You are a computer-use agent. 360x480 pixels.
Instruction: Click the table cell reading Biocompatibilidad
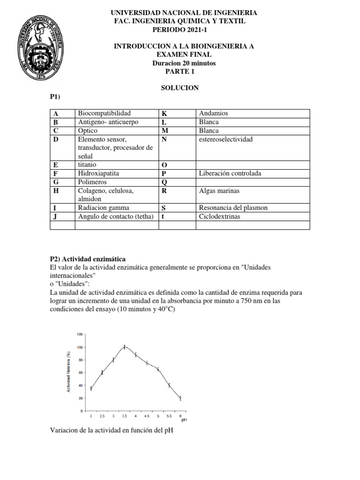click(104, 113)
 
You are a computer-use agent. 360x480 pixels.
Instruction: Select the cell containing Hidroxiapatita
click(98, 173)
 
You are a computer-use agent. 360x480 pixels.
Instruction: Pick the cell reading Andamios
click(213, 113)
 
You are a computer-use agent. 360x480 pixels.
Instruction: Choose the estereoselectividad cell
click(225, 140)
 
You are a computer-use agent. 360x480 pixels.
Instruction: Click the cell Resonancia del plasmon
click(233, 208)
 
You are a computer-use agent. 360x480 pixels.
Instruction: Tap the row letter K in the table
click(164, 114)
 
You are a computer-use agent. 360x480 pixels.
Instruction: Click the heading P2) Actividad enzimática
click(88, 259)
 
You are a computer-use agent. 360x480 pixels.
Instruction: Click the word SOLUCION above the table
click(180, 88)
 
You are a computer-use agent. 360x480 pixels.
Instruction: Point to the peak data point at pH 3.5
click(125, 347)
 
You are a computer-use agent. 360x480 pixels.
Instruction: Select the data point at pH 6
click(180, 398)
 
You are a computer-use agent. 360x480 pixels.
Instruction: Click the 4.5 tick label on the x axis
click(147, 416)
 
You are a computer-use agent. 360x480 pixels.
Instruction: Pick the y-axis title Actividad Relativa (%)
click(69, 372)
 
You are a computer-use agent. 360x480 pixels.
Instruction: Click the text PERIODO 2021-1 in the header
click(180, 30)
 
